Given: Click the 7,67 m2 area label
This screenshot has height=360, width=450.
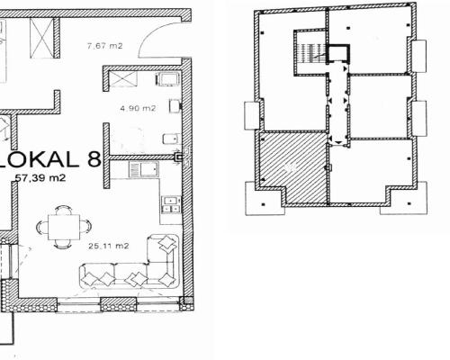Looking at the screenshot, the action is (x=104, y=46).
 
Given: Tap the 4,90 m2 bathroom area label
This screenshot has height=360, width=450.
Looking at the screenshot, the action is (x=138, y=108).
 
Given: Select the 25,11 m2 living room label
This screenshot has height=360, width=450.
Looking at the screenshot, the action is (x=109, y=246).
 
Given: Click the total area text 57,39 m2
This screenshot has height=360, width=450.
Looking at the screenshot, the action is (x=40, y=178).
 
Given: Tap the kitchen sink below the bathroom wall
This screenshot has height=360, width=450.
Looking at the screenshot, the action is (x=144, y=169).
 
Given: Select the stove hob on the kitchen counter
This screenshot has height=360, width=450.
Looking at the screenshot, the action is (x=171, y=204).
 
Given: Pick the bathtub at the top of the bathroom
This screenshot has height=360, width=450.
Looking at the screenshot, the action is (x=168, y=79).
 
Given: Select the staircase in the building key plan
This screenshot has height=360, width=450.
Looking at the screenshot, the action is (x=310, y=51).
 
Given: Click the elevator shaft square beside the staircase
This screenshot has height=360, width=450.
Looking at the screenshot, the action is (x=338, y=54).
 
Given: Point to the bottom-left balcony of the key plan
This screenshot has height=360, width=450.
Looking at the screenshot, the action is (x=264, y=199).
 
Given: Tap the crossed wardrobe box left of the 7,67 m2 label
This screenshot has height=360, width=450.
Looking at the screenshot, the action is (x=42, y=38).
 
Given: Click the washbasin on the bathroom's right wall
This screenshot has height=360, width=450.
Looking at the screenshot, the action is (x=175, y=106).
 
